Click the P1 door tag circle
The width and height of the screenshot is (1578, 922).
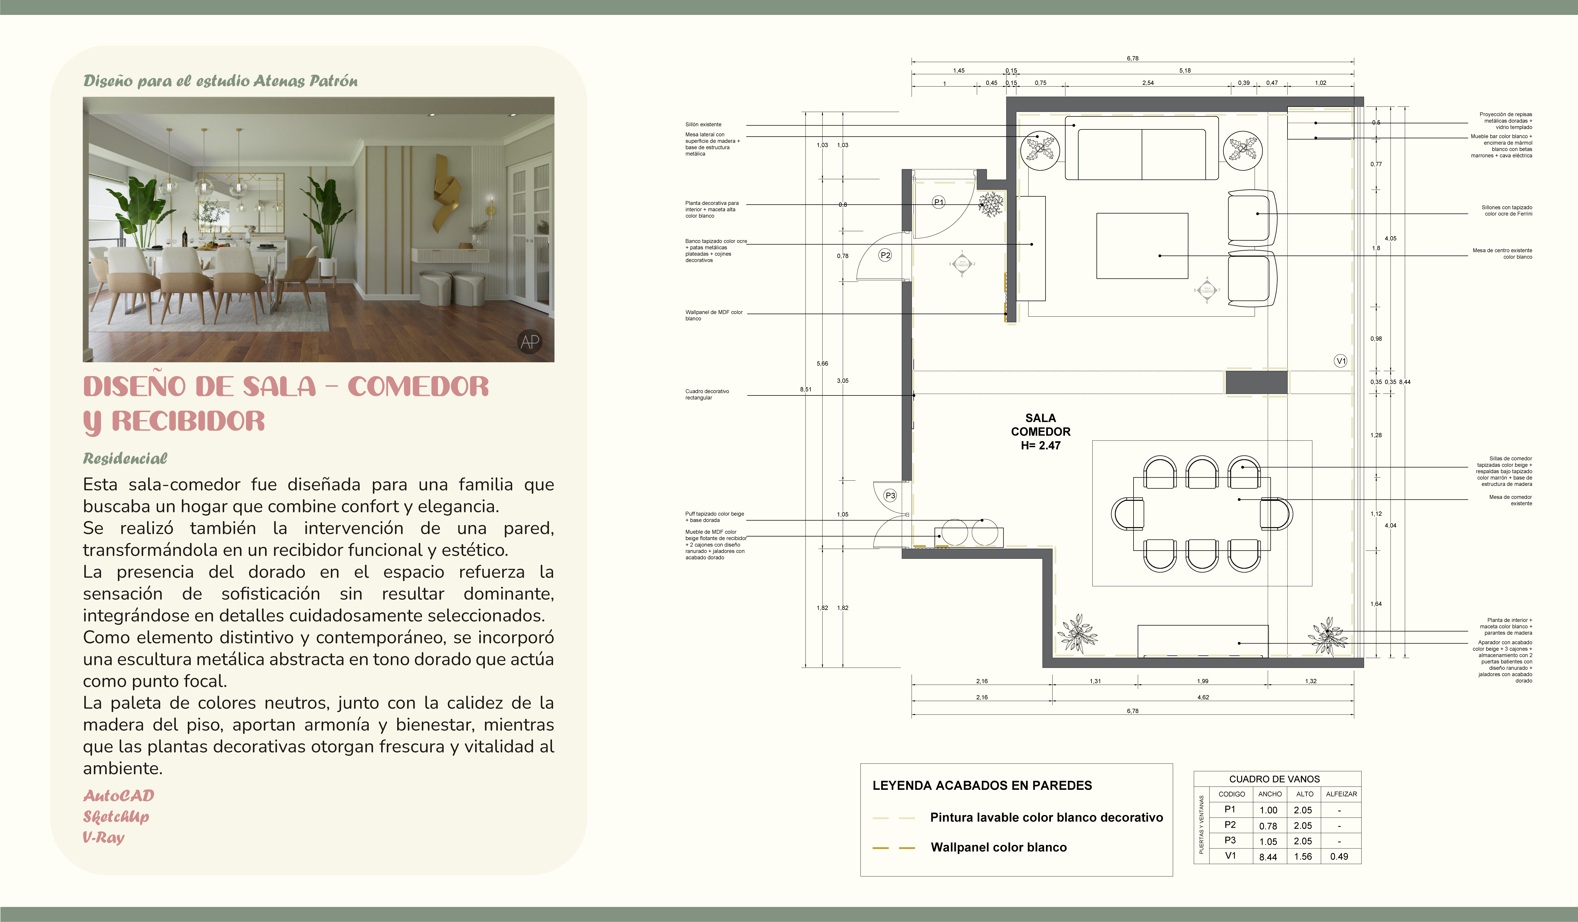point(938,202)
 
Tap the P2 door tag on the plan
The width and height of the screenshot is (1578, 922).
point(885,255)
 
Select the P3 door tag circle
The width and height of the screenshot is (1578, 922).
point(890,496)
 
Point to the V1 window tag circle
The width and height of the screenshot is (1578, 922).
point(1340,361)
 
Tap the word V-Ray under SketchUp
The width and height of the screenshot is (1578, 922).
point(104,837)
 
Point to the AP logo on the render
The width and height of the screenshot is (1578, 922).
point(530,341)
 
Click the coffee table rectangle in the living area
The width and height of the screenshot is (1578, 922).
point(1142,246)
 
